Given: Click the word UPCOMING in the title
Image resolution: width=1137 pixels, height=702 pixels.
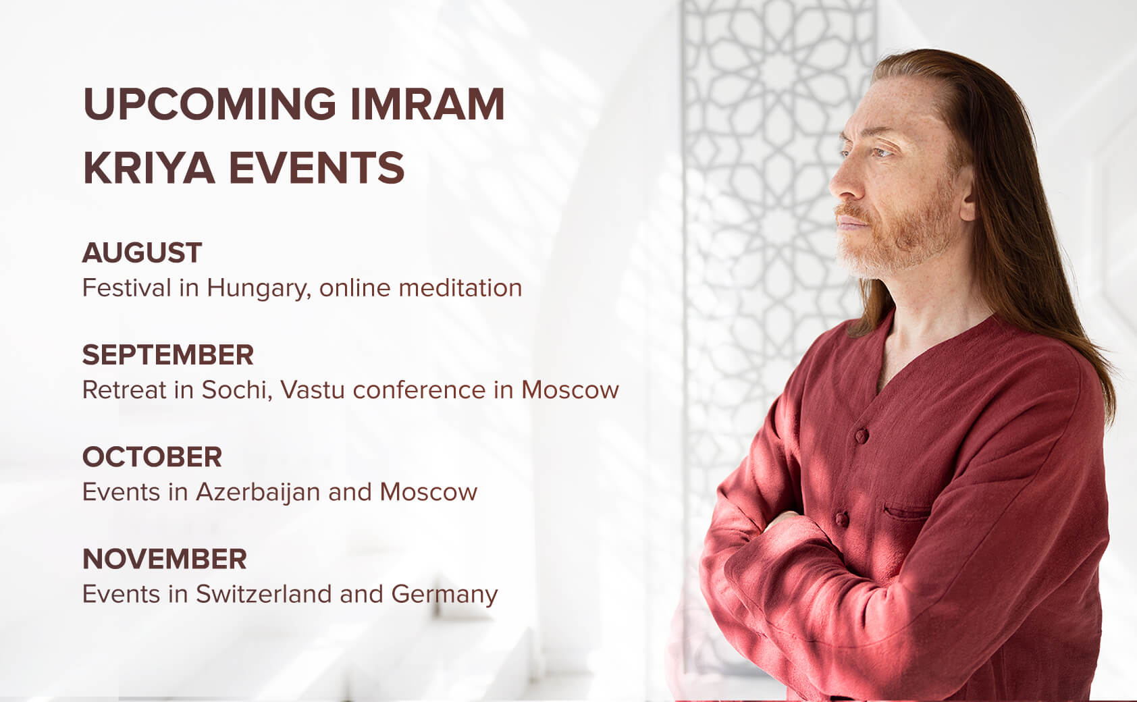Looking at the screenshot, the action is pos(209,104).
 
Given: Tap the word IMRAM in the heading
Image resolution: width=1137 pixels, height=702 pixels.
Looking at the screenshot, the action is pos(427,104).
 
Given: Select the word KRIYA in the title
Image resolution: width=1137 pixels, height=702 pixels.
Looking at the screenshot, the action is pos(149,167).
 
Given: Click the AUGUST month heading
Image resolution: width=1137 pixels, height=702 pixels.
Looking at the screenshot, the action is pos(142,252).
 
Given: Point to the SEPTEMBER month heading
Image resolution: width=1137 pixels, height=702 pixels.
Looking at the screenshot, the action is pos(168,354).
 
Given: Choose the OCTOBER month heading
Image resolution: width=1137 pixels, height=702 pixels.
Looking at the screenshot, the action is pos(153,457).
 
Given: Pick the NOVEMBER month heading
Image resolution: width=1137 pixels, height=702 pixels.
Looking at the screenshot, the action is pos(165,559).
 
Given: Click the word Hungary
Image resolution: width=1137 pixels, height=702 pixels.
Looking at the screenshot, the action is pos(259,289).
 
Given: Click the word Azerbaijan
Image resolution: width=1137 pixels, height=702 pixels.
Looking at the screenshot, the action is pos(258,493).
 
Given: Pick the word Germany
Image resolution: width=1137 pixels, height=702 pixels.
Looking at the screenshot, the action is pos(445,595).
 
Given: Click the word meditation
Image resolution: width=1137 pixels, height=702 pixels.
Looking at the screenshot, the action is pos(460,288).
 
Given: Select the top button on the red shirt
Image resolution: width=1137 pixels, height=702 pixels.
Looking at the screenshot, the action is pos(862,435).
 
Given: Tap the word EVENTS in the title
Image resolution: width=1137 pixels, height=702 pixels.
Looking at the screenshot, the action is pos(317,167).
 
